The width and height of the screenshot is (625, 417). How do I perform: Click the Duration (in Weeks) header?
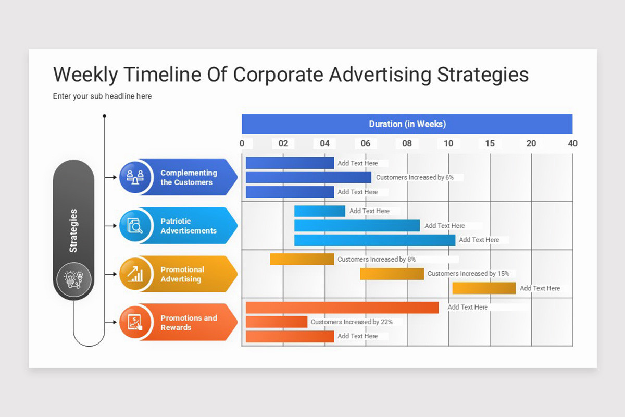[407, 124]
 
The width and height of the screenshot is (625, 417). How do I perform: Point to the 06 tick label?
[366, 144]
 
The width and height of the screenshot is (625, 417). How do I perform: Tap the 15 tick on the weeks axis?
[490, 144]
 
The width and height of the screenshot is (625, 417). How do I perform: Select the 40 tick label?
[572, 144]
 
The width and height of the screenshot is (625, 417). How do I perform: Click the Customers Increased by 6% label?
[415, 178]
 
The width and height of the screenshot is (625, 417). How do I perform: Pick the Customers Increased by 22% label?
[352, 322]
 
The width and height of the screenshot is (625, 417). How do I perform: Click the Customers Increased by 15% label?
[468, 274]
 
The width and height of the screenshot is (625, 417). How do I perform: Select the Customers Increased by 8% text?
[377, 260]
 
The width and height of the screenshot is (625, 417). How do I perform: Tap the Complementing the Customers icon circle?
[135, 177]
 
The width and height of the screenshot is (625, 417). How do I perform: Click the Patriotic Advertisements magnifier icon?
[135, 226]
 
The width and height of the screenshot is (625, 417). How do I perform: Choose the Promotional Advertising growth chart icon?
[135, 274]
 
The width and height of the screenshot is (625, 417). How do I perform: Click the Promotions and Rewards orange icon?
[135, 322]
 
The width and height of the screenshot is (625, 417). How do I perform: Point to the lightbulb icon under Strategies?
[73, 280]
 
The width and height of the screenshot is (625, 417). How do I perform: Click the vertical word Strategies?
[73, 231]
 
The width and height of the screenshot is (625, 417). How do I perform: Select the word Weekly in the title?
[85, 75]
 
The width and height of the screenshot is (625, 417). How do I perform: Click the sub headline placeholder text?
[102, 96]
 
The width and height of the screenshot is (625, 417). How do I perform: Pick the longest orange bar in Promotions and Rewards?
[342, 308]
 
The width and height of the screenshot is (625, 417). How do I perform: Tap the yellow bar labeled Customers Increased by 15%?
[392, 274]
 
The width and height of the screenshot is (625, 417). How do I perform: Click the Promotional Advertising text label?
[182, 274]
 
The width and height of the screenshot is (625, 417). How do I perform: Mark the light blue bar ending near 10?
[374, 240]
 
